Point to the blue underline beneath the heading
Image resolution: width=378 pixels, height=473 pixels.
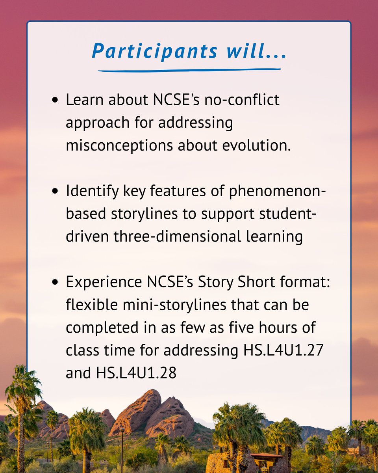point(189,71)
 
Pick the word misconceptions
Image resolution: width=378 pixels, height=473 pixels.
point(119,145)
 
